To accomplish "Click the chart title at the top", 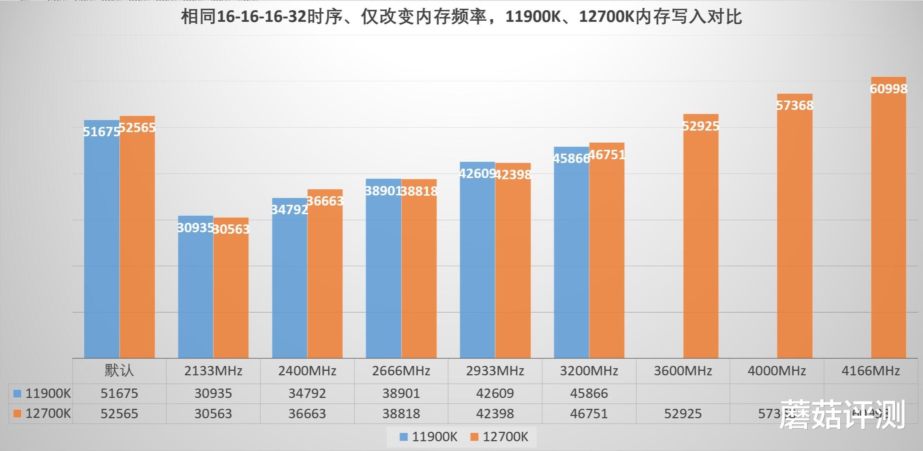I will (461, 17).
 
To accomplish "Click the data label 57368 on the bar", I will (795, 105).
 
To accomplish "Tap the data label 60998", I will (888, 89).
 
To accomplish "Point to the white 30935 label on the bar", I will (195, 228).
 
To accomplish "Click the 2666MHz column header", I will (401, 371).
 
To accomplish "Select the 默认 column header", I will (119, 371).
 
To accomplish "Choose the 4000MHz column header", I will (777, 371).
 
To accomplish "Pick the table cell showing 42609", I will (495, 393).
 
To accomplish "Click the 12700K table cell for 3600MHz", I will (683, 414).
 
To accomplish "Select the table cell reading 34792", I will (307, 393).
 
